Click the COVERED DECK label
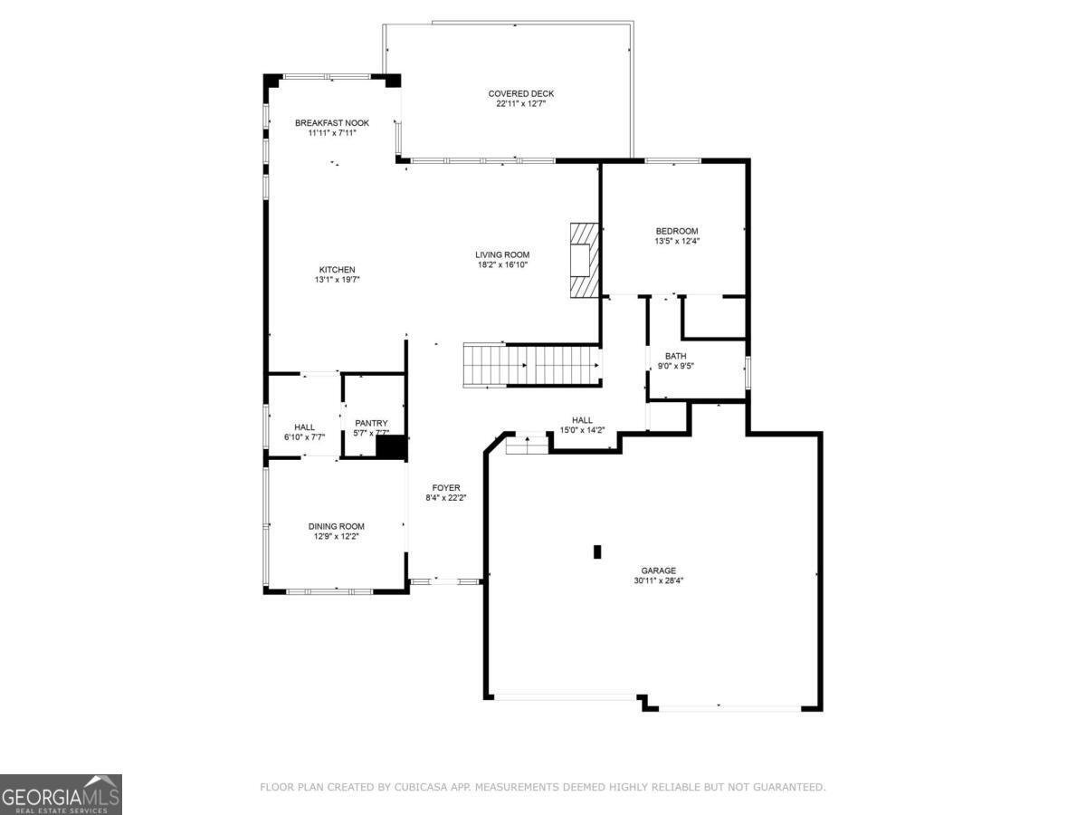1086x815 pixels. (520, 93)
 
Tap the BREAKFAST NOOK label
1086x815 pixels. (332, 122)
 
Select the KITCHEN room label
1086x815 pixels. (337, 269)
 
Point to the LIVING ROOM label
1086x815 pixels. (502, 254)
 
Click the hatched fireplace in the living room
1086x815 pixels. (584, 260)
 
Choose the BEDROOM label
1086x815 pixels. (677, 231)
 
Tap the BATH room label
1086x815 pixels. (675, 356)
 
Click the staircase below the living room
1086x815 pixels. (532, 365)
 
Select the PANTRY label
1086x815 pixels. (371, 423)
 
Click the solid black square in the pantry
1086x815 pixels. (391, 447)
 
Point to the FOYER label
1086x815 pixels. (446, 488)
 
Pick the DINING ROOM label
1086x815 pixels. (337, 526)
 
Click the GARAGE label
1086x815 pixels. (659, 570)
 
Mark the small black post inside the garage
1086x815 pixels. (596, 551)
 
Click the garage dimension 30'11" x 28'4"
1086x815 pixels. (659, 581)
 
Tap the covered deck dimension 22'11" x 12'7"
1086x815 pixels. (520, 104)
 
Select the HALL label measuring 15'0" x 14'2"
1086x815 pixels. (582, 420)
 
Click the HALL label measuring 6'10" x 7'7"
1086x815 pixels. (304, 427)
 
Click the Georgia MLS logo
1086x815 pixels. (61, 794)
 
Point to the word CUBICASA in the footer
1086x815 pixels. (419, 788)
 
